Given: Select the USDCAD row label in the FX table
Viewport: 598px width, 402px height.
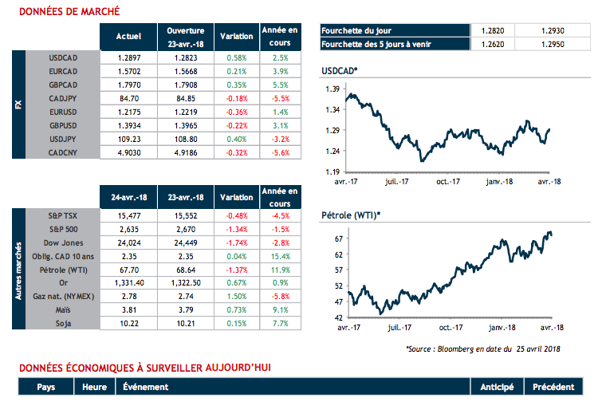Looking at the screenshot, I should coord(62,58).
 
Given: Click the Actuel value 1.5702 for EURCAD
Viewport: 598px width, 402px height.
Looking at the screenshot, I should coord(129,70).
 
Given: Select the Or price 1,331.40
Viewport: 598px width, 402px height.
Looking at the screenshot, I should coord(129,282).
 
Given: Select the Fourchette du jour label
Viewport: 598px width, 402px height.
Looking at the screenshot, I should coord(357,30).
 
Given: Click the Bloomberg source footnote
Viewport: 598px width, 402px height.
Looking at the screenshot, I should coord(472,349).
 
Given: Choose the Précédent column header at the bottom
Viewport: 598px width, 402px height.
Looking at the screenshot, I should coord(552,387).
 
